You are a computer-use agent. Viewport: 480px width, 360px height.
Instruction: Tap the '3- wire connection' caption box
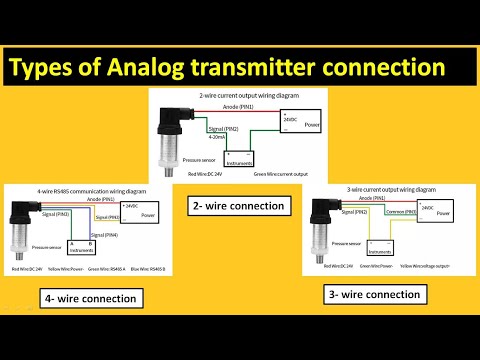[373, 294]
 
